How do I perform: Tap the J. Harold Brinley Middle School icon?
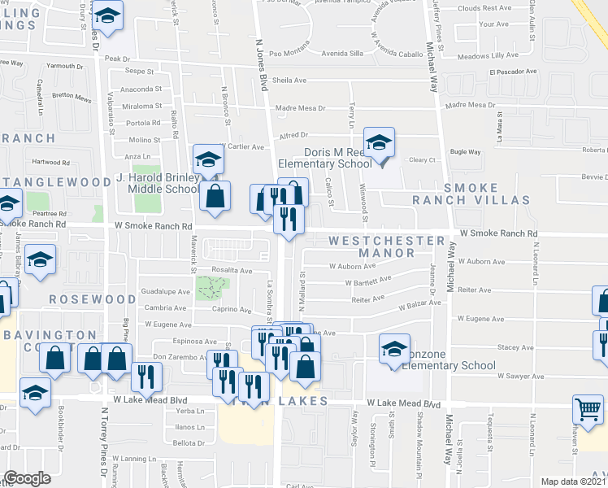[208, 159]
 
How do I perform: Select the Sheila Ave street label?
[289, 81]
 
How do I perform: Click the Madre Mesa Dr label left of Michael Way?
[300, 108]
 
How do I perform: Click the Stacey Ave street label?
[515, 346]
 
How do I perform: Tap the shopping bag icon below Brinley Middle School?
[215, 196]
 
